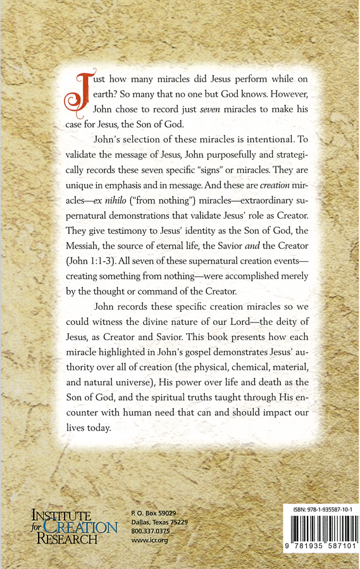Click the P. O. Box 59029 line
click(x=152, y=512)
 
